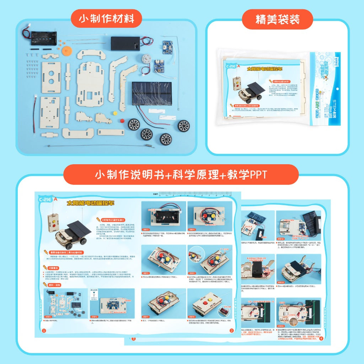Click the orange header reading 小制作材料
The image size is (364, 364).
click(x=106, y=19)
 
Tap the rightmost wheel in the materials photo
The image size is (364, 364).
click(x=184, y=125)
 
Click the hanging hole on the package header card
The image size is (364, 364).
click(x=337, y=89)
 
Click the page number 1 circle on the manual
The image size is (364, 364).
click(x=44, y=331)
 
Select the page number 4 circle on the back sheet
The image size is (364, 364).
click(x=321, y=338)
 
